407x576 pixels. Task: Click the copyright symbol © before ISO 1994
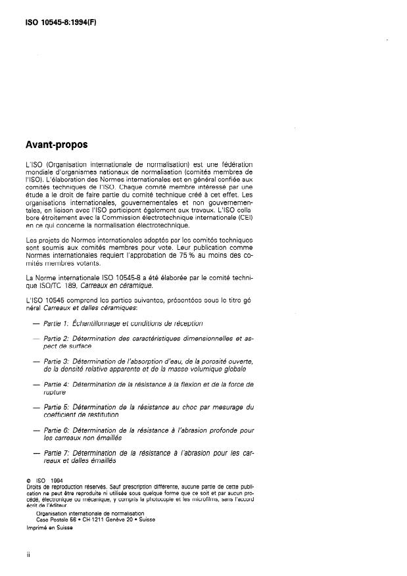(x=28, y=481)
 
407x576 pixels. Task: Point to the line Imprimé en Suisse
(x=50, y=528)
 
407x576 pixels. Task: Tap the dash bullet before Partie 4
(x=34, y=384)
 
